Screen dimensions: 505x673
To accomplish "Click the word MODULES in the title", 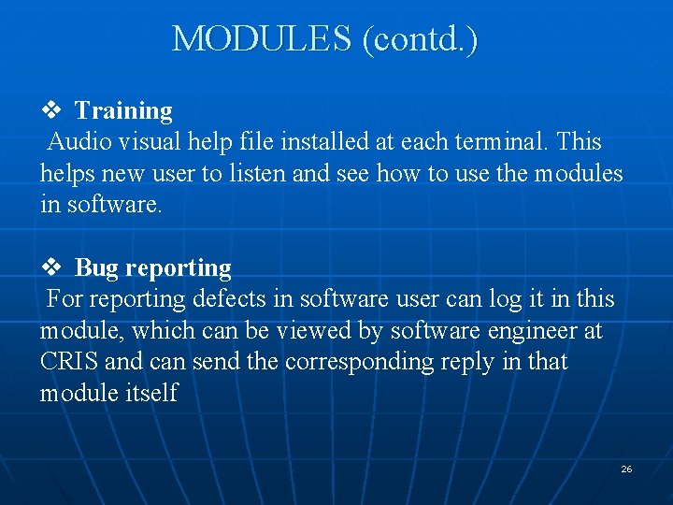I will [262, 39].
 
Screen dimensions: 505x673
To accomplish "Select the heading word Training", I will [123, 111].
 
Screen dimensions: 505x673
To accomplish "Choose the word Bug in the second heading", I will [96, 268].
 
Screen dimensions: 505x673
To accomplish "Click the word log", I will [478, 299].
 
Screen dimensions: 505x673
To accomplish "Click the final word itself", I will [150, 394].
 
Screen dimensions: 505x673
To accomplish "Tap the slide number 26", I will [626, 469].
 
